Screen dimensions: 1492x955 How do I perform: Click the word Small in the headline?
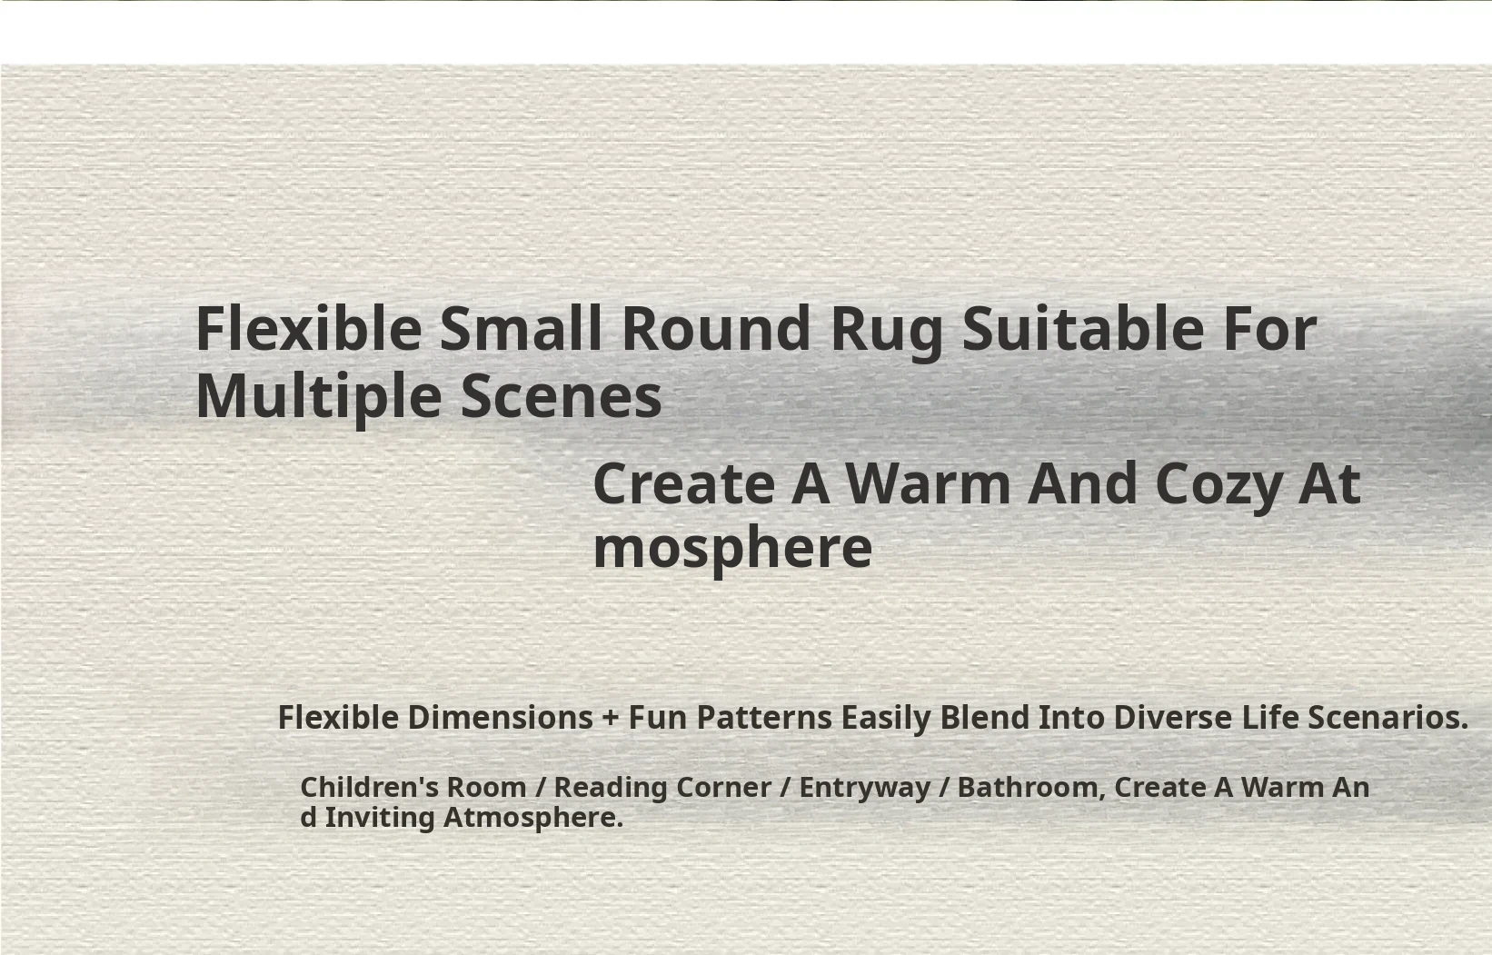(521, 328)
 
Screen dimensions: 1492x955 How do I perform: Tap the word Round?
(716, 328)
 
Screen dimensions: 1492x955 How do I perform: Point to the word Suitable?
(1083, 328)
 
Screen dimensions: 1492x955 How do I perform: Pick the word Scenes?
(561, 397)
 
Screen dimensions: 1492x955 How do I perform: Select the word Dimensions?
(501, 717)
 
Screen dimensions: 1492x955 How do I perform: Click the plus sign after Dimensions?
(610, 719)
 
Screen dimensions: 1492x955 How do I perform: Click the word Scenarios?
(1388, 717)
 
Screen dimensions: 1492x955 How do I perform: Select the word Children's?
(370, 787)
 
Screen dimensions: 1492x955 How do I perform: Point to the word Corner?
(724, 788)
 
